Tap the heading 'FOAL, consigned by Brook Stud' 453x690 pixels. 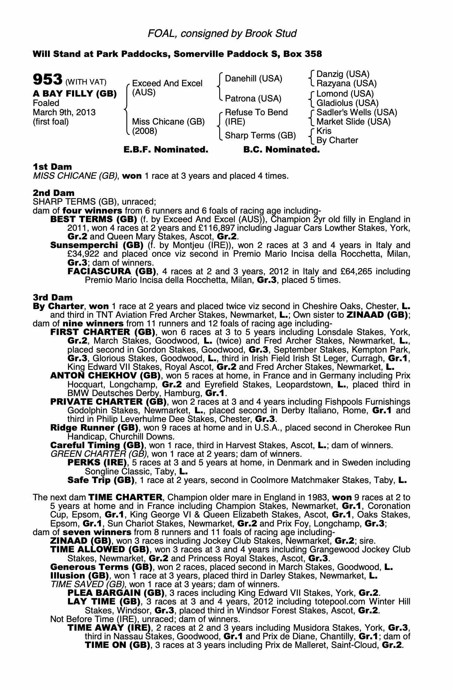[222, 33]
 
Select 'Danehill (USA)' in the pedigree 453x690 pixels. [253, 79]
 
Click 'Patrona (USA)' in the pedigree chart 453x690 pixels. [253, 99]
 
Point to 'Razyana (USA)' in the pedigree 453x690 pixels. [346, 83]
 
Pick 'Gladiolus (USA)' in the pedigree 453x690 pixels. [348, 103]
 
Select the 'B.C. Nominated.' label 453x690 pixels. [281, 150]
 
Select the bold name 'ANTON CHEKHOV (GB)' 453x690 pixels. [105, 376]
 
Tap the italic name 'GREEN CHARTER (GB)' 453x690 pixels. [99, 454]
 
